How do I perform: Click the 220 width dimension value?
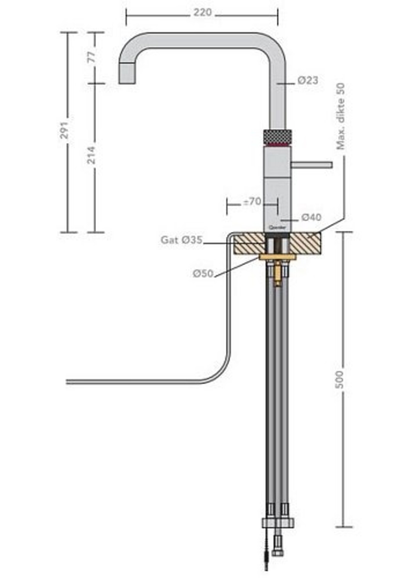(x=202, y=12)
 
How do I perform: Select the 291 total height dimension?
(x=65, y=130)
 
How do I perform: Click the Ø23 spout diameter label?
(x=308, y=80)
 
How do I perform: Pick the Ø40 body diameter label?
(x=311, y=217)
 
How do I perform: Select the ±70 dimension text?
(x=252, y=202)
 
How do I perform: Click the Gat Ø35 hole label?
(x=181, y=240)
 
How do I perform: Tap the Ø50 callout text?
(x=203, y=273)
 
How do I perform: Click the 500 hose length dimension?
(x=340, y=380)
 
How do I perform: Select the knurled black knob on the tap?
(x=277, y=137)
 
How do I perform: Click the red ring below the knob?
(x=277, y=145)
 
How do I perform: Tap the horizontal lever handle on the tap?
(x=312, y=165)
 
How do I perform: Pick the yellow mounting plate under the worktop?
(x=277, y=257)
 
